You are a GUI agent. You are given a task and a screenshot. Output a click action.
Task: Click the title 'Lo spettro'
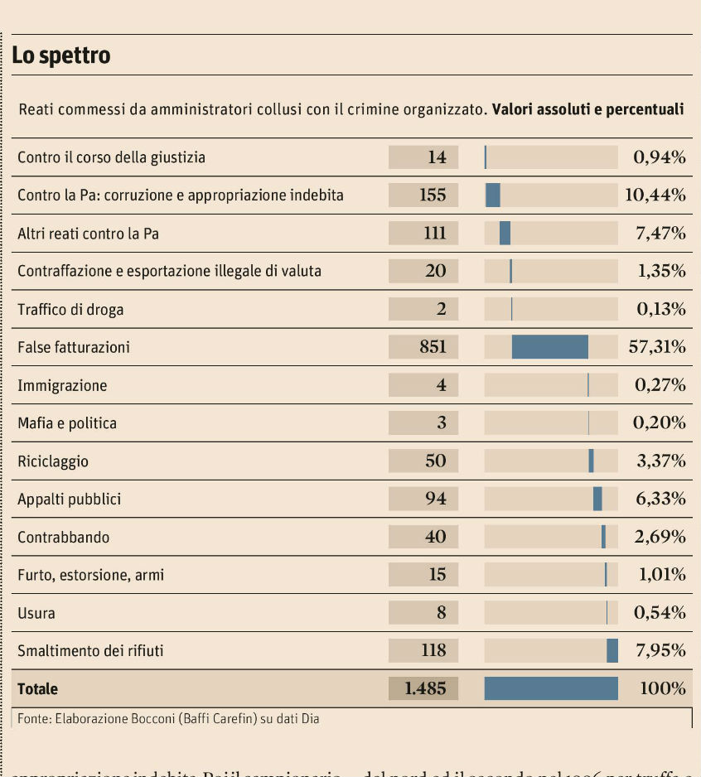pos(61,55)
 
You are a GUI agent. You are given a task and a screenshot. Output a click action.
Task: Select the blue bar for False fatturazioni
pos(550,347)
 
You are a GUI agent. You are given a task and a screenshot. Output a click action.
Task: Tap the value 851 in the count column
pos(433,347)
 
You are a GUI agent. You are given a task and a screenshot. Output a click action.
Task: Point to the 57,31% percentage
pos(657,347)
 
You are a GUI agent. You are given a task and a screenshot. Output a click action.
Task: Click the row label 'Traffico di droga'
pos(70,310)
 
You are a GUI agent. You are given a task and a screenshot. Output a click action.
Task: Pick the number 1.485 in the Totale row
pos(425,688)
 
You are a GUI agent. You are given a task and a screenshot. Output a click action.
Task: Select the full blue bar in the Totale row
pos(551,688)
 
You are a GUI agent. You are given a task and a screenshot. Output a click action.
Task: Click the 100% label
pos(663,688)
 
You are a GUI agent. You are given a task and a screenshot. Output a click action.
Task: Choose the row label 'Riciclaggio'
pos(53,461)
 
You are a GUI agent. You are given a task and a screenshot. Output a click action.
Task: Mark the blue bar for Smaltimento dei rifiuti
pos(612,650)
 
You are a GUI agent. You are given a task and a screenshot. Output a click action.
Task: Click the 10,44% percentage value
pos(655,195)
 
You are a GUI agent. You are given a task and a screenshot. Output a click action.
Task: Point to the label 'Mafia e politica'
pos(67,423)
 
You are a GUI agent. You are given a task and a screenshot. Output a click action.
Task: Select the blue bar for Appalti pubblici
pos(597,499)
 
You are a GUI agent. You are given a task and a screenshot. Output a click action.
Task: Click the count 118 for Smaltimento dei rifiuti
pos(433,650)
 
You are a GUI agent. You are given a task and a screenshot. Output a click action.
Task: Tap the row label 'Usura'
pos(36,614)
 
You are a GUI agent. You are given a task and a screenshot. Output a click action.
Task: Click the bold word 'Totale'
pos(38,689)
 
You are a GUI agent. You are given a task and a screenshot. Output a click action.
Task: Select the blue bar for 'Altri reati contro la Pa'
pos(505,233)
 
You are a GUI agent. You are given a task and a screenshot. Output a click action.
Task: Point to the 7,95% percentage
pos(660,650)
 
